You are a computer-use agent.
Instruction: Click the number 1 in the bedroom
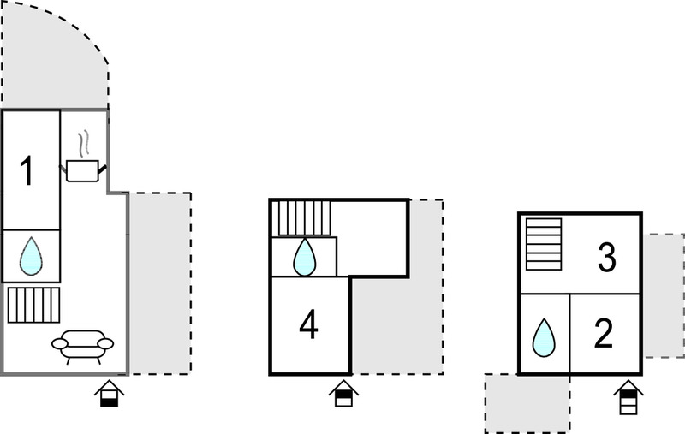(x=27, y=170)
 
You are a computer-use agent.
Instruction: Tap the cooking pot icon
(x=82, y=170)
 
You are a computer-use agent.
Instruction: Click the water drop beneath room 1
(x=31, y=256)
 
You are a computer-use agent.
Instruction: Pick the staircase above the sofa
(x=33, y=305)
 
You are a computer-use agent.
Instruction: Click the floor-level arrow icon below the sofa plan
(x=110, y=394)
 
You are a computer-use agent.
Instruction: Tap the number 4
(x=308, y=324)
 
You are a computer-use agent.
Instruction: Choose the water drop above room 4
(x=305, y=257)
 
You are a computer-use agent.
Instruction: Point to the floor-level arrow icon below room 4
(x=344, y=394)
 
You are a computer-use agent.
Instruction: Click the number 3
(x=607, y=258)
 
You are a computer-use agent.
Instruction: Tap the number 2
(x=604, y=334)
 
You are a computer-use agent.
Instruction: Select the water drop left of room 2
(x=544, y=337)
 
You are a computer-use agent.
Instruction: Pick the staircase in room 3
(x=544, y=244)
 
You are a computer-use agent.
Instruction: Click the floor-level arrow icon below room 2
(x=628, y=397)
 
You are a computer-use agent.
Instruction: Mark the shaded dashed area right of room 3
(x=664, y=296)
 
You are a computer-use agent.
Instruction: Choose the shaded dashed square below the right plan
(x=527, y=403)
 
